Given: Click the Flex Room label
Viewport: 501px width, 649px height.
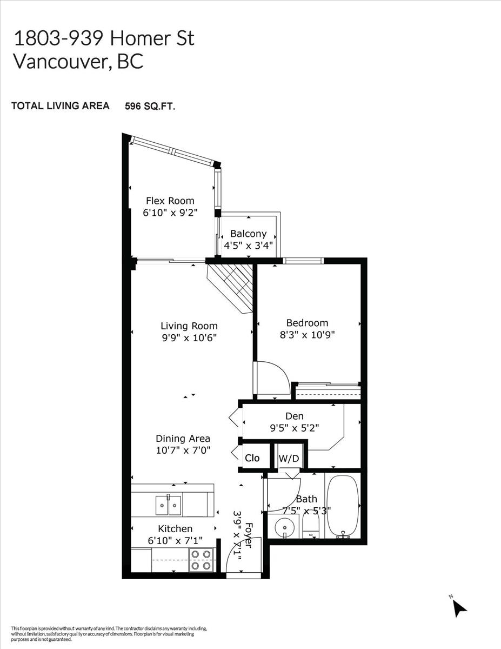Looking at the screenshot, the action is pyautogui.click(x=170, y=201).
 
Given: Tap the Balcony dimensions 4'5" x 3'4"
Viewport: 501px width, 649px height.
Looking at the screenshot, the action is pyautogui.click(x=248, y=246).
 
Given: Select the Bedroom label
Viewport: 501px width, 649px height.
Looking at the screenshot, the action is pyautogui.click(x=307, y=323).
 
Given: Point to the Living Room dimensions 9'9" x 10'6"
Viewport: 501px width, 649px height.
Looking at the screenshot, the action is pyautogui.click(x=189, y=338).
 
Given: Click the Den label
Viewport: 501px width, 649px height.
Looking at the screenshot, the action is pyautogui.click(x=295, y=416).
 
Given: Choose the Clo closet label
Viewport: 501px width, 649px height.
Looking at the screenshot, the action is pyautogui.click(x=252, y=458).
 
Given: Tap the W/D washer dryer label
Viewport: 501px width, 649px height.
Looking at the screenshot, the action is pyautogui.click(x=289, y=458).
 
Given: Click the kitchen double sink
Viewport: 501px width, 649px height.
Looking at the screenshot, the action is pyautogui.click(x=168, y=505).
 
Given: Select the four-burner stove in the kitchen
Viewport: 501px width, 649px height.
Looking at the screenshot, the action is pyautogui.click(x=201, y=560).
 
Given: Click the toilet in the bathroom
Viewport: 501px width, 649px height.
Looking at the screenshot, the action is pyautogui.click(x=311, y=524).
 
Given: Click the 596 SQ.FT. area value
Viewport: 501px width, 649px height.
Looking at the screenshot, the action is pyautogui.click(x=150, y=106).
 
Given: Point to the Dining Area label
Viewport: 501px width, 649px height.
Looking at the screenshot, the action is pyautogui.click(x=183, y=439).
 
